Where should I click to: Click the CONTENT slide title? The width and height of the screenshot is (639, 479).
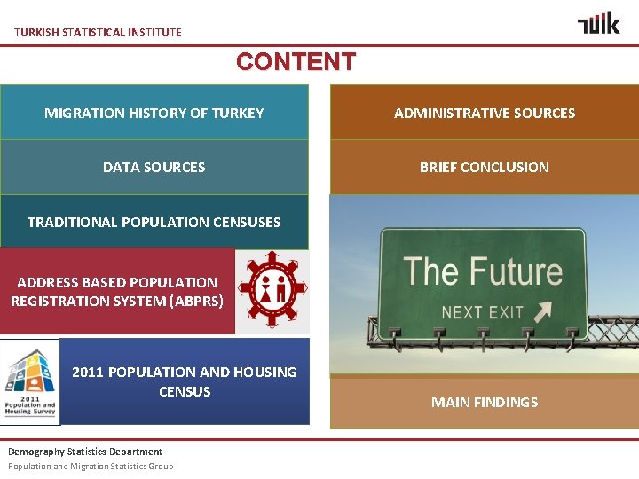tap(296, 62)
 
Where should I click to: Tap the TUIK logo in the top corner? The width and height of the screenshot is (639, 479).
tap(598, 23)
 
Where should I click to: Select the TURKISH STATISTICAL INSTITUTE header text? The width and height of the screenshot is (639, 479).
tap(98, 32)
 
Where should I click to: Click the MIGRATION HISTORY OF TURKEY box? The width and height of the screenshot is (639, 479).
tap(154, 113)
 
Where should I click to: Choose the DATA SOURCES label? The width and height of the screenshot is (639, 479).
tap(154, 167)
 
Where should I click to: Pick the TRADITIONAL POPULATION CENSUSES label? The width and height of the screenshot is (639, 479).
tap(154, 222)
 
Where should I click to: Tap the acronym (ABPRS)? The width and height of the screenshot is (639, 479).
tap(195, 301)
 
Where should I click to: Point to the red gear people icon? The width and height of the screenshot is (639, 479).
tap(272, 290)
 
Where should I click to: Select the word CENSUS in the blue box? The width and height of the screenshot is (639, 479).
tap(185, 391)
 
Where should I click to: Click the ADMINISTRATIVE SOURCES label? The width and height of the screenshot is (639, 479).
tap(485, 113)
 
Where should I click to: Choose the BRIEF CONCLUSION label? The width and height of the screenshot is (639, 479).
tap(485, 167)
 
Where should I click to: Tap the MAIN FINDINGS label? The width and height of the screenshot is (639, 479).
tap(485, 402)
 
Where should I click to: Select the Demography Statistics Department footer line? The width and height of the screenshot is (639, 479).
tap(85, 452)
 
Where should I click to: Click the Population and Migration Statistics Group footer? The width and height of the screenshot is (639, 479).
tap(91, 467)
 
